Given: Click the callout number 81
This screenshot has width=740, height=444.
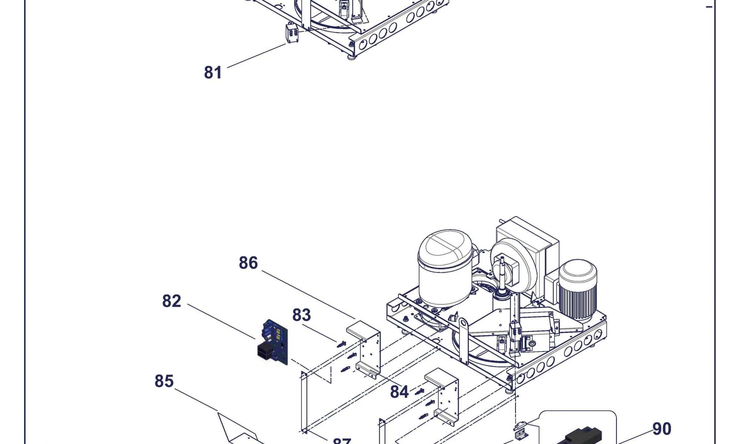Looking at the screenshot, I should click(x=213, y=73).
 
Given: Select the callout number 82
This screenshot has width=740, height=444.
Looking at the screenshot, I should click(x=171, y=301).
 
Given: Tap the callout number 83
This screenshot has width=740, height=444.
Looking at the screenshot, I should click(x=302, y=315).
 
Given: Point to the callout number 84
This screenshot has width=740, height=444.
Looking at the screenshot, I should click(x=399, y=392).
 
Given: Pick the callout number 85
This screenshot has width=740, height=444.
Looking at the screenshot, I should click(x=164, y=381).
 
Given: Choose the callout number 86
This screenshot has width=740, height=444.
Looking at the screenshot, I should click(x=248, y=263).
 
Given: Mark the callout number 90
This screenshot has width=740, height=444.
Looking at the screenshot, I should click(x=662, y=429).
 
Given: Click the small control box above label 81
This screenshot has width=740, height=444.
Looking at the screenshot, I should click(x=292, y=33).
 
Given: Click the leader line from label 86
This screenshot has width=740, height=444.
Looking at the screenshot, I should click(x=307, y=294).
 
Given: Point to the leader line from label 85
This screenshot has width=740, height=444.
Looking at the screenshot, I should click(x=196, y=399).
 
